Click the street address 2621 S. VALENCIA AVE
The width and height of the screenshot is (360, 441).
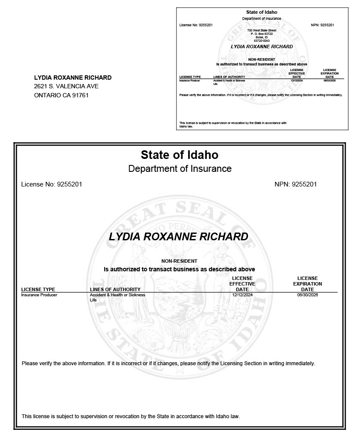66,87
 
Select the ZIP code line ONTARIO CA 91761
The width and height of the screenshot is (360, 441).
61,95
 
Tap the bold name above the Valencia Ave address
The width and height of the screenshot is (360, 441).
73,78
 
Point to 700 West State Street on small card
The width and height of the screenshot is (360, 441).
261,30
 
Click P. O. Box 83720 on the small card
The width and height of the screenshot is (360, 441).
261,34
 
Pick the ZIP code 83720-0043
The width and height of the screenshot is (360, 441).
261,40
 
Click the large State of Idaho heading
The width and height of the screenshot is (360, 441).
180,155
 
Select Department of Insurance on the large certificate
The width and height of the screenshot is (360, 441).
180,168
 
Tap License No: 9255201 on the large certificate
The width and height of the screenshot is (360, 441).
52,184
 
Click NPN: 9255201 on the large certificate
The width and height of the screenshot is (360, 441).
295,184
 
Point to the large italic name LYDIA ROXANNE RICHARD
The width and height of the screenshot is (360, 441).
178,236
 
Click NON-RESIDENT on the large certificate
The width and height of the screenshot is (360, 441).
179,261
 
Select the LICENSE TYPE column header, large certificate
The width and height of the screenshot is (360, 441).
38,289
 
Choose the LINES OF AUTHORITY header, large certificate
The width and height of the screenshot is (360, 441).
115,289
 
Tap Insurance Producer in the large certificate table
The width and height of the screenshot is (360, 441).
39,295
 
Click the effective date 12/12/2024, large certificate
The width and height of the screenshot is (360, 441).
242,295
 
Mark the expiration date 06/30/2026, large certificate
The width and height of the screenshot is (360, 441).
307,295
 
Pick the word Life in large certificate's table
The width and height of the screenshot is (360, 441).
93,300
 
